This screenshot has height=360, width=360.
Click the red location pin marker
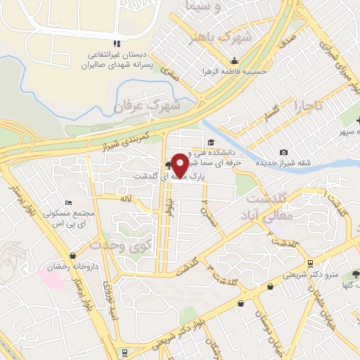179,165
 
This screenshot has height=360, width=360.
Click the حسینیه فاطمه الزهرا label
233,70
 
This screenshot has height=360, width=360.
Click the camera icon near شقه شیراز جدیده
283,153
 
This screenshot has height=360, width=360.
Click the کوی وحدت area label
121,245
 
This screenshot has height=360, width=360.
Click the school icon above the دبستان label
115,44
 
